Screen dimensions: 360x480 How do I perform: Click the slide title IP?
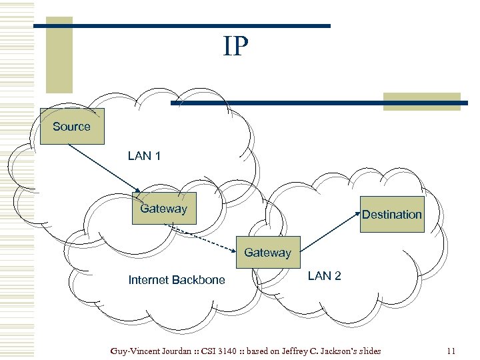(x=236, y=47)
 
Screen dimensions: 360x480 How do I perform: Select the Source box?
(x=72, y=127)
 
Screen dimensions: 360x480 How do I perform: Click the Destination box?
(x=392, y=214)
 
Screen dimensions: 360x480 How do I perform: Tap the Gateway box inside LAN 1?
(x=164, y=209)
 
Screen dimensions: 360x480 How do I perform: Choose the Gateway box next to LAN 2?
(x=267, y=253)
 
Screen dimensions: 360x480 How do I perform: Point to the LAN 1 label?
(x=144, y=156)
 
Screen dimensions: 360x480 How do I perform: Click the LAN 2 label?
(x=324, y=276)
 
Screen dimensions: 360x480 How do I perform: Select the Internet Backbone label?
(x=177, y=280)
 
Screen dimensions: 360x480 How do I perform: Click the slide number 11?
(x=451, y=351)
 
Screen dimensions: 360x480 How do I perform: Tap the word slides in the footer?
(x=369, y=351)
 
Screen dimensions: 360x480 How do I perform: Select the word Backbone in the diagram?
(x=201, y=280)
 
